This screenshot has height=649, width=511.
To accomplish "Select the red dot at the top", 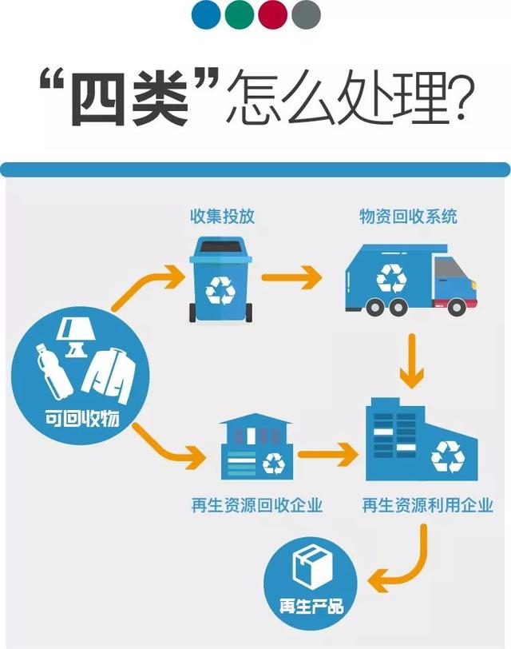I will click(273, 14).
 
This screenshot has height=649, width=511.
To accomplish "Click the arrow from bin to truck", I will click(292, 277).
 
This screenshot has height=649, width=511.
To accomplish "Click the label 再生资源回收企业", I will click(256, 505).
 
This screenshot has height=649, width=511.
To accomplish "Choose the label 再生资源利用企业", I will click(428, 505).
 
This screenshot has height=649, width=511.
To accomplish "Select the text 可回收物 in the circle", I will click(81, 418).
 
